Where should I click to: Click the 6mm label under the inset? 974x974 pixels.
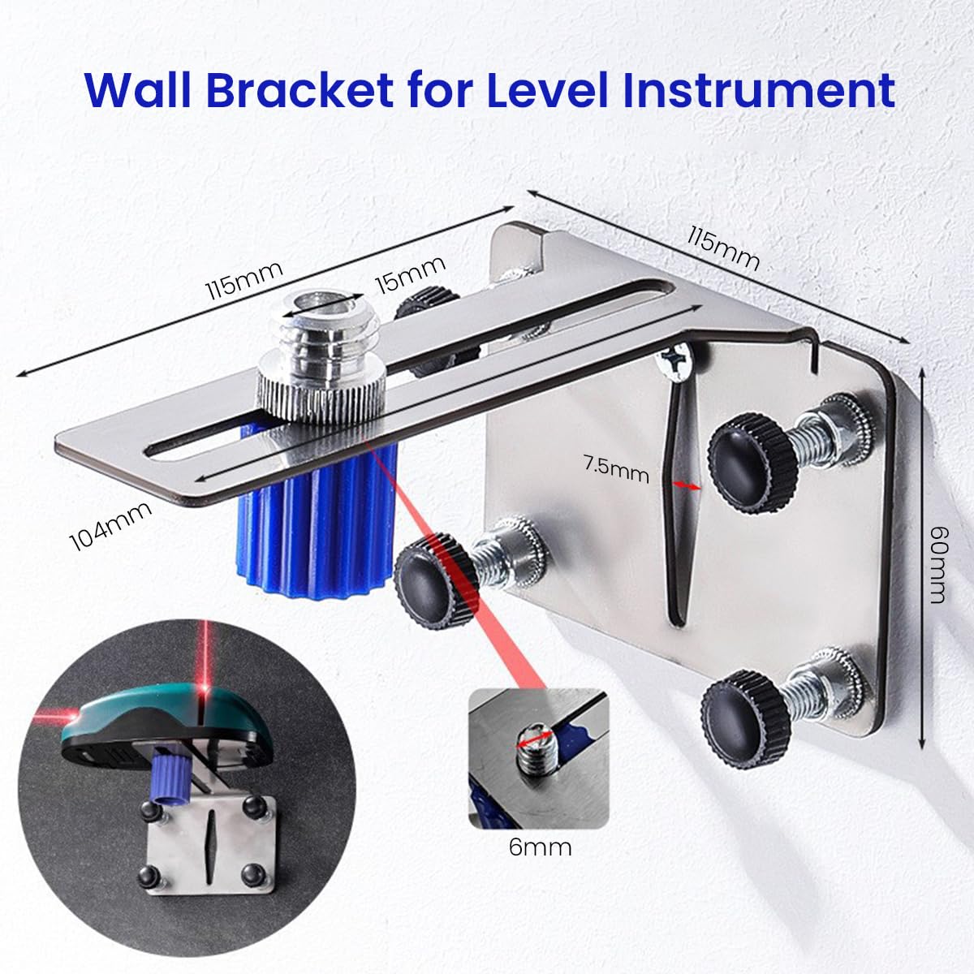tap(540, 848)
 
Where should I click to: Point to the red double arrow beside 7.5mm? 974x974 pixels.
tap(687, 485)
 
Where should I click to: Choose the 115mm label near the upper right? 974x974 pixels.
tap(722, 248)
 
